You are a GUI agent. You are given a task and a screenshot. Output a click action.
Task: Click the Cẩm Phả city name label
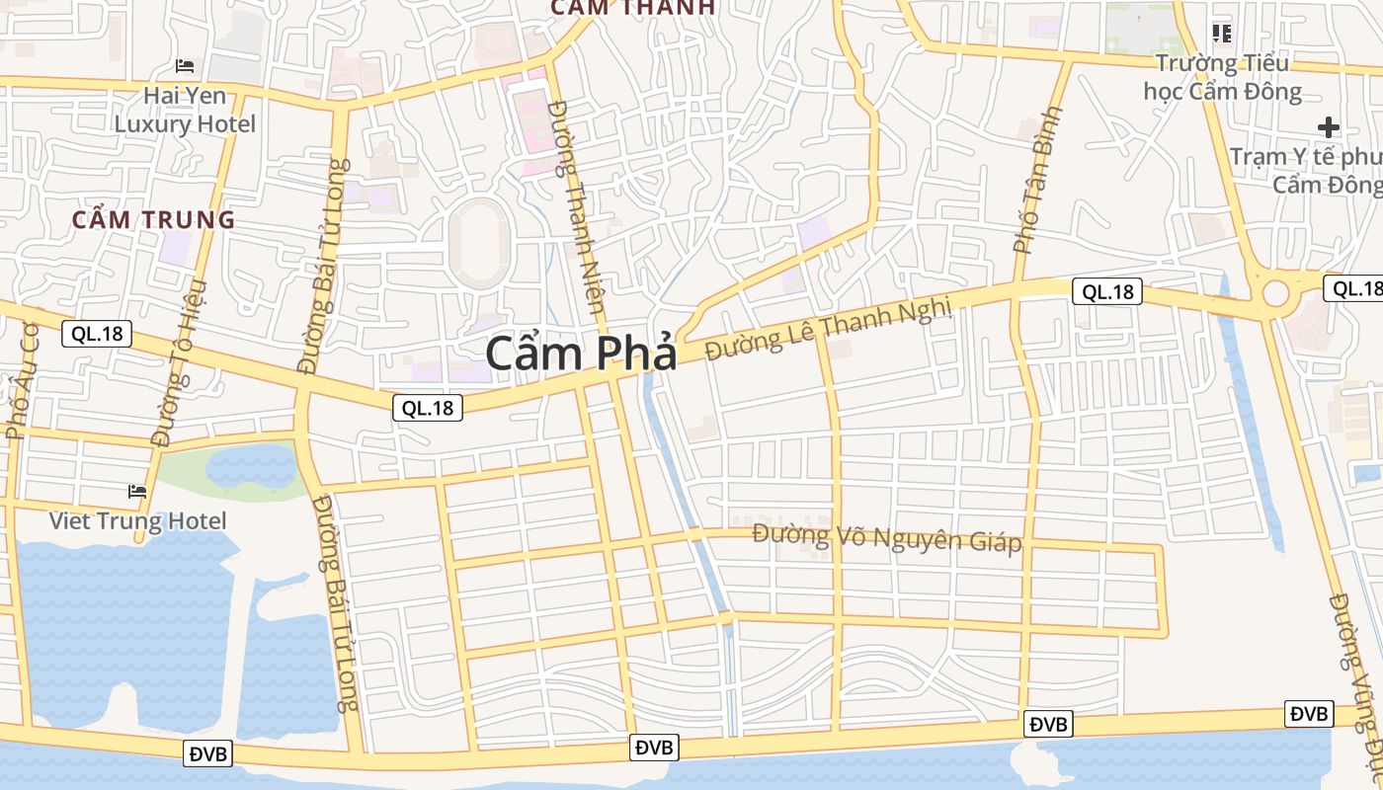coord(581,354)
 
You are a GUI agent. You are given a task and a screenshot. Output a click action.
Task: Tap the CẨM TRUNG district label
coord(153,219)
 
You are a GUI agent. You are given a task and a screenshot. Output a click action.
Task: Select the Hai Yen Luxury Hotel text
coord(185,110)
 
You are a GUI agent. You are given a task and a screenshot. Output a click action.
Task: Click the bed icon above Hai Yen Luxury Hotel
coord(185,66)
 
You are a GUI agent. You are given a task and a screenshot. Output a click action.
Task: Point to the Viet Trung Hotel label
coord(138,520)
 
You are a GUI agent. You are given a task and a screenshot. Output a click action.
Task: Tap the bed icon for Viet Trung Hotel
coord(137,491)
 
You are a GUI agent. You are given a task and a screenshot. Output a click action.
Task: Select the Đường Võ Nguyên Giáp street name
coord(886,538)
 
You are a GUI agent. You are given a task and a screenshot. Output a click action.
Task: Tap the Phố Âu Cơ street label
coord(21,380)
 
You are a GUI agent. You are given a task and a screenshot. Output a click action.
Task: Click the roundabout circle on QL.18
coord(1275,293)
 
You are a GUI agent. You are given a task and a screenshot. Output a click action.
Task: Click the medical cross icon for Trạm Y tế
coord(1329,126)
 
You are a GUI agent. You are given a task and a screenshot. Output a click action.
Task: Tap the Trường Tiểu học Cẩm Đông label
coord(1222,78)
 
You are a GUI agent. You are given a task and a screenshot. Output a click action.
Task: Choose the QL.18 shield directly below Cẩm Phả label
coord(428,407)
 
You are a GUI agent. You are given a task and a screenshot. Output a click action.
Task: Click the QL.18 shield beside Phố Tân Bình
coord(1106,291)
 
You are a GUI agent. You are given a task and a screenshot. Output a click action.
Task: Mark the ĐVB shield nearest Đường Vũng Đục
coord(1309,713)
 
